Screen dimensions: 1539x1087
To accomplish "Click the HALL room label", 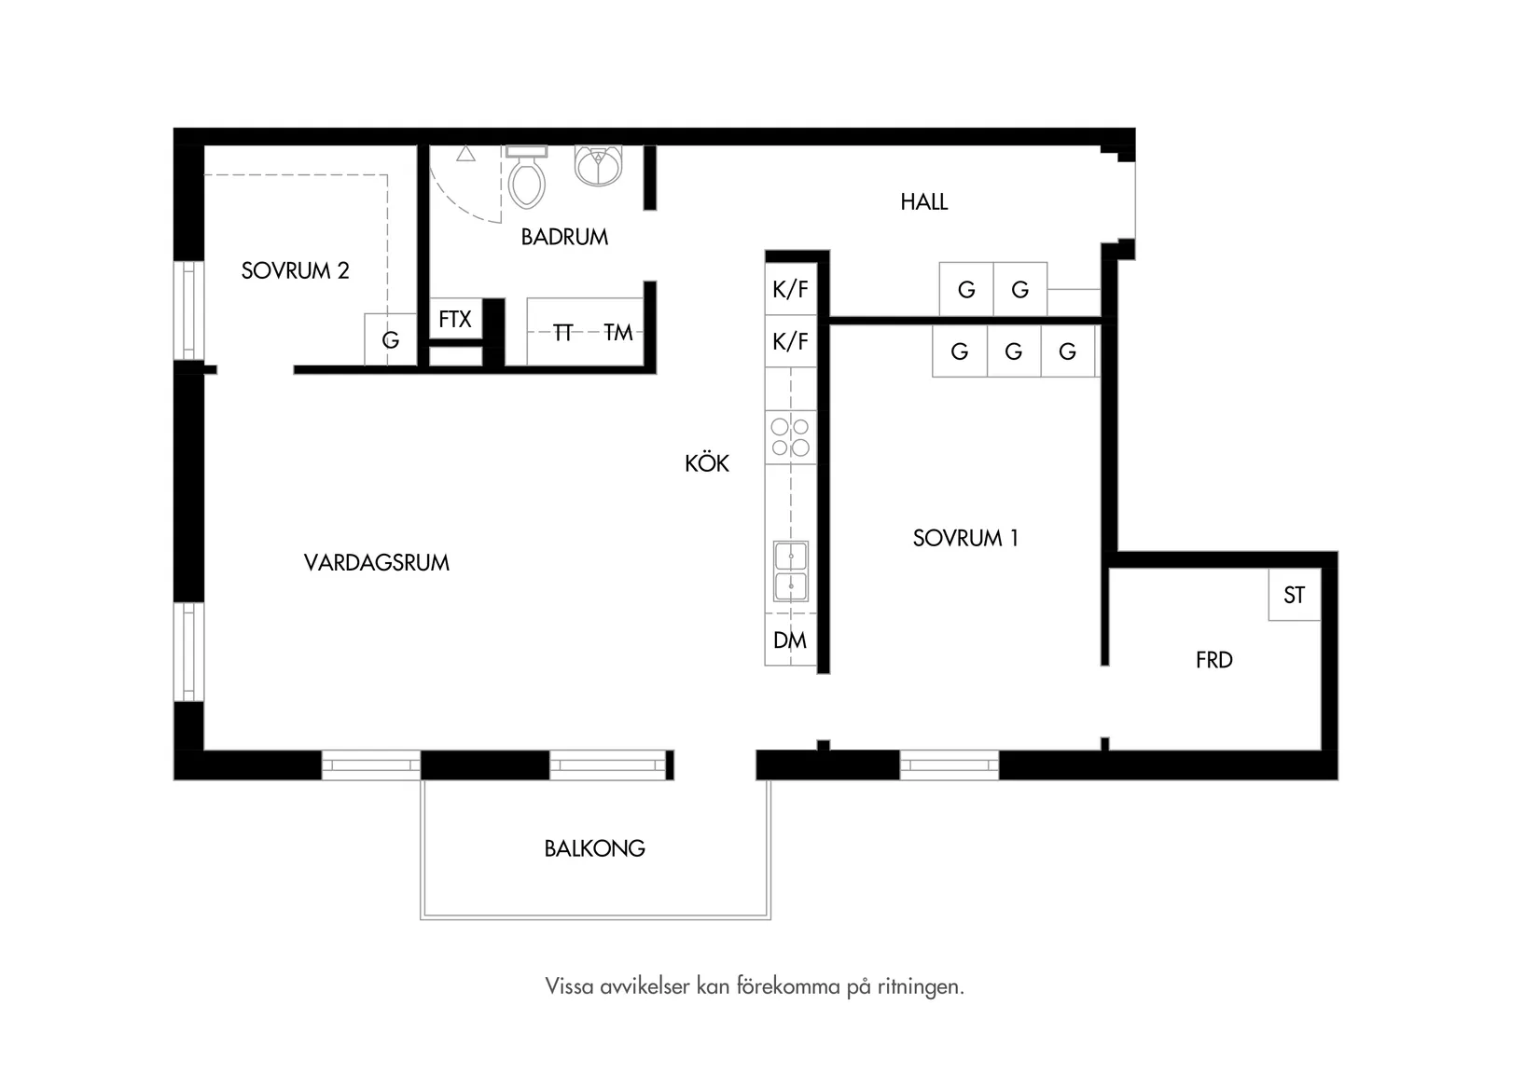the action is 924,202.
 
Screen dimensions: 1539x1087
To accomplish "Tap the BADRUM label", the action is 564,237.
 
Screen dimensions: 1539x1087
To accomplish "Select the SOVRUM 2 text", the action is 295,270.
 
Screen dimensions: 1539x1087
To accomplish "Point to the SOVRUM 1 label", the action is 965,538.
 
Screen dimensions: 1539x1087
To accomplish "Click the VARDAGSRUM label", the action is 377,563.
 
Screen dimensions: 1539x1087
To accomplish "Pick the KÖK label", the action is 706,463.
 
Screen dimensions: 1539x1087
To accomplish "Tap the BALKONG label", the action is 594,848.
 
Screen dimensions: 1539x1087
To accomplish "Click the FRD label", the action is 1214,660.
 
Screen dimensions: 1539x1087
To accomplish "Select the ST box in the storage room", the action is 1295,595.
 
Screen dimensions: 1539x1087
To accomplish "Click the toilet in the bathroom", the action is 526,177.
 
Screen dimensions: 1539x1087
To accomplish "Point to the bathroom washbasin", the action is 599,166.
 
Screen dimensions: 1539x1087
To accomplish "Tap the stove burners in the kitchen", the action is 791,437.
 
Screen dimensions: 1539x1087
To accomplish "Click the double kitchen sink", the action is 791,571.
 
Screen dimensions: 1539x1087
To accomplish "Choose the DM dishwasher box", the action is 791,640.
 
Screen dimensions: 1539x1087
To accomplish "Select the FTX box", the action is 455,319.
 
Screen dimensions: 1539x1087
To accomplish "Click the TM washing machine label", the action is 618,333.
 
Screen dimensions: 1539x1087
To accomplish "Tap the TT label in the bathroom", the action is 562,333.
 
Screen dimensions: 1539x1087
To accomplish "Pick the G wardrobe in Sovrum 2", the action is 390,339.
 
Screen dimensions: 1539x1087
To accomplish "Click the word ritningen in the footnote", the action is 921,986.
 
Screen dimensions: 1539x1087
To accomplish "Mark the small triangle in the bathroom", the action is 465,153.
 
